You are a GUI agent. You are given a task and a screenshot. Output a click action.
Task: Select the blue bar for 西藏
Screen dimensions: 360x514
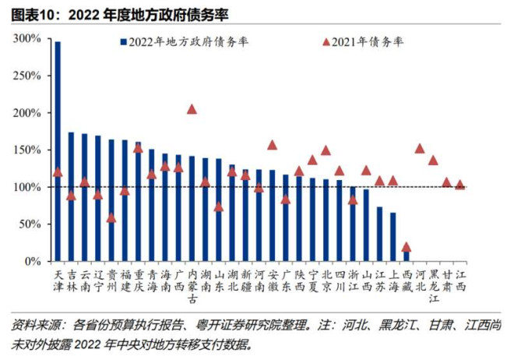pos(406,255)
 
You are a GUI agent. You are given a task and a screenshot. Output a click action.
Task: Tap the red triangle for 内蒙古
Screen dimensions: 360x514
pos(192,109)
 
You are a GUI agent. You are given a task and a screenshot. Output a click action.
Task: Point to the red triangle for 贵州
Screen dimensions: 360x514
pos(111,218)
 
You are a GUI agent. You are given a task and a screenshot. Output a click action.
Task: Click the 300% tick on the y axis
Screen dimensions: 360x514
pos(32,38)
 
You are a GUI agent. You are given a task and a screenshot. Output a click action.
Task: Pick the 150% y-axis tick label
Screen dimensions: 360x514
pos(32,150)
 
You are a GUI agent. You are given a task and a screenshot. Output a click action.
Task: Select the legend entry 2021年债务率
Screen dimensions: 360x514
pos(363,41)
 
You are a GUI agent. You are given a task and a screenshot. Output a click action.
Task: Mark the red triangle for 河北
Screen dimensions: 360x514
pos(420,148)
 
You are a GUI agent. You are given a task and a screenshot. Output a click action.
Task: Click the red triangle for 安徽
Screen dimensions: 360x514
pos(272,145)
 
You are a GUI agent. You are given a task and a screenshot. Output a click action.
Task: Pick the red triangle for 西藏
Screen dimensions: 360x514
pos(406,247)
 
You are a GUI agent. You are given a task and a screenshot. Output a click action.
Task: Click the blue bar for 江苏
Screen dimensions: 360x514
pos(379,234)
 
